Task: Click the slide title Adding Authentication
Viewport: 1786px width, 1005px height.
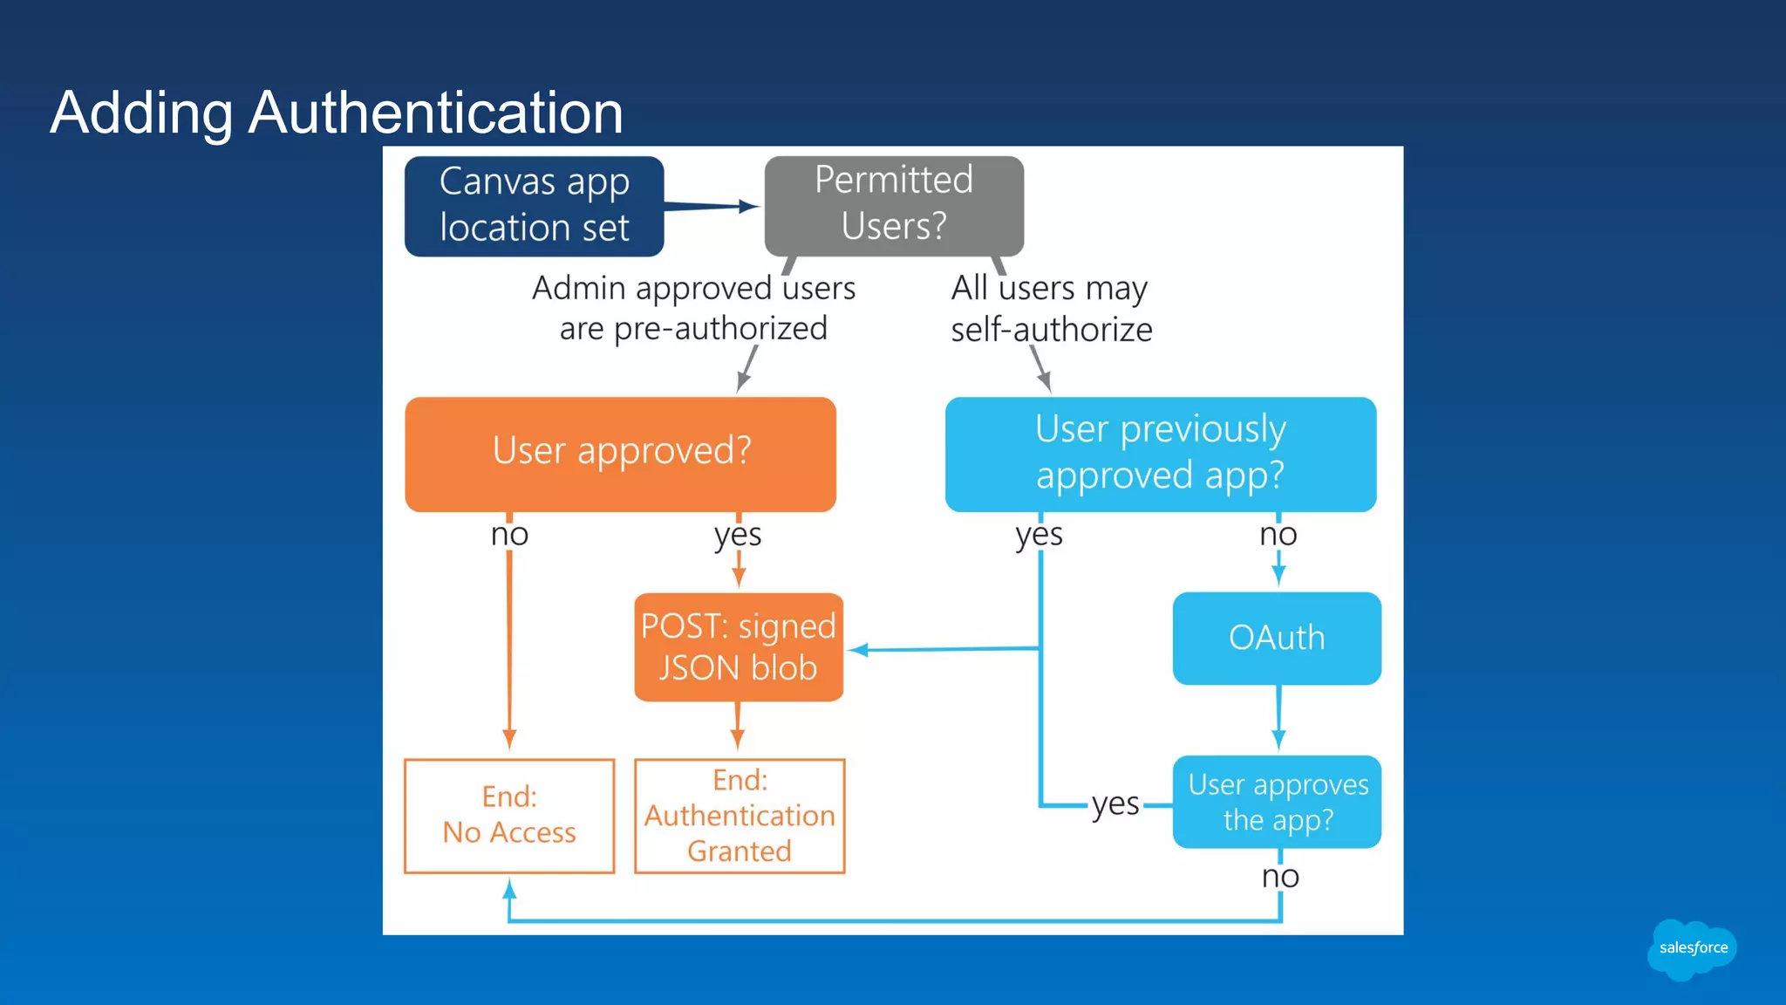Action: point(337,113)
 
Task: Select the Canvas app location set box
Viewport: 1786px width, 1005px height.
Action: point(534,206)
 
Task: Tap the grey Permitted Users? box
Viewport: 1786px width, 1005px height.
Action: point(894,205)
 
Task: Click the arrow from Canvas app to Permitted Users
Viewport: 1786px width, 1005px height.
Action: point(712,207)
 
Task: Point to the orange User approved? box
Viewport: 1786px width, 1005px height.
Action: point(620,453)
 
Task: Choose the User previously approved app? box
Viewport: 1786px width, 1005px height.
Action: point(1160,453)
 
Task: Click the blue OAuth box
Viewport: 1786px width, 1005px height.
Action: point(1276,638)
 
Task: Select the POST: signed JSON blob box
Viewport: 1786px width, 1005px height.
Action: point(738,646)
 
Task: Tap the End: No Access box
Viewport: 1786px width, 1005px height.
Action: point(509,815)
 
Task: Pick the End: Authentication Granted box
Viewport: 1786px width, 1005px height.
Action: point(739,815)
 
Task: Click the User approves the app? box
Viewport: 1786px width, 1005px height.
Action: point(1277,801)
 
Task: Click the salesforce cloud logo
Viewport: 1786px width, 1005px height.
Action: point(1692,948)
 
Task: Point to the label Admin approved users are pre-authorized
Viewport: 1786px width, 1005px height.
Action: point(693,308)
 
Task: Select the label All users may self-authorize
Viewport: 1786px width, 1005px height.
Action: point(1051,309)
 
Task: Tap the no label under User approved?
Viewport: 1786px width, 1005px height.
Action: point(509,534)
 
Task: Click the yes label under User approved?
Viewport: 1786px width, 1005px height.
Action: point(738,534)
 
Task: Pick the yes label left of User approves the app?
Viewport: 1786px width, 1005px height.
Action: point(1115,803)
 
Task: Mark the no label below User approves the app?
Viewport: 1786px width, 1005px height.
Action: point(1280,876)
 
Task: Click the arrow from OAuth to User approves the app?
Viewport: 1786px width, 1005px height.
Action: point(1278,718)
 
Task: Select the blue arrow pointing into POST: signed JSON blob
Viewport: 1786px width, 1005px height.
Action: point(942,649)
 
